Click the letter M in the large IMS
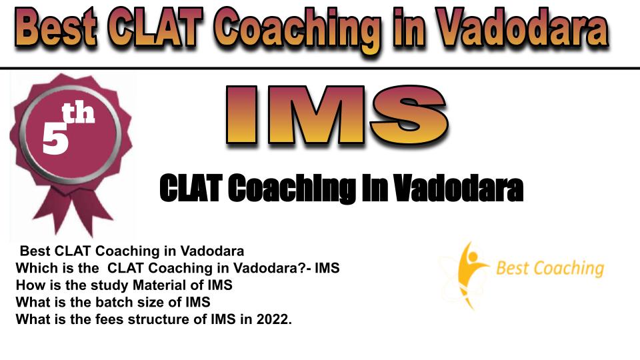[x=316, y=115]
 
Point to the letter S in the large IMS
[x=409, y=115]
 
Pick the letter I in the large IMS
[x=241, y=115]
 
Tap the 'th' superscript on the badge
[x=78, y=113]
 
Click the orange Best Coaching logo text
[x=550, y=268]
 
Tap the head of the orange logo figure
[x=473, y=257]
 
